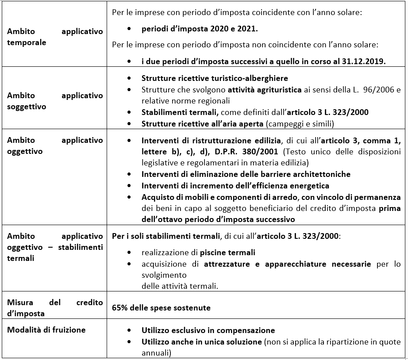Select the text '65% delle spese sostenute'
coord(161,307)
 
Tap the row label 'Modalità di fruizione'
coord(46,329)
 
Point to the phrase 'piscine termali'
coord(227,253)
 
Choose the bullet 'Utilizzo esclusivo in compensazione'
coord(208,330)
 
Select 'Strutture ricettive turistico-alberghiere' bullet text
coord(215,78)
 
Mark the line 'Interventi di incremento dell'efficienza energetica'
coord(235,186)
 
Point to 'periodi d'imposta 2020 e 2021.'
coord(200,29)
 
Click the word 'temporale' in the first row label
coord(27,43)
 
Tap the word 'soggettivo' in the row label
coord(27,107)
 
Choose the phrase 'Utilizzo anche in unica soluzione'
coord(201,342)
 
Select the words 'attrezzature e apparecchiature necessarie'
coord(288,264)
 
